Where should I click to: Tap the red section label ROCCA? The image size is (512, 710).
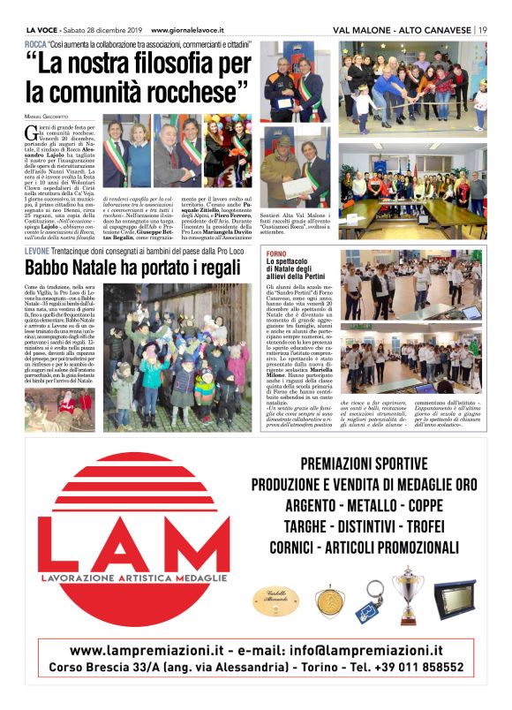coord(36,43)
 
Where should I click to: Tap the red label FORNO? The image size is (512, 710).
coord(276,253)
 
